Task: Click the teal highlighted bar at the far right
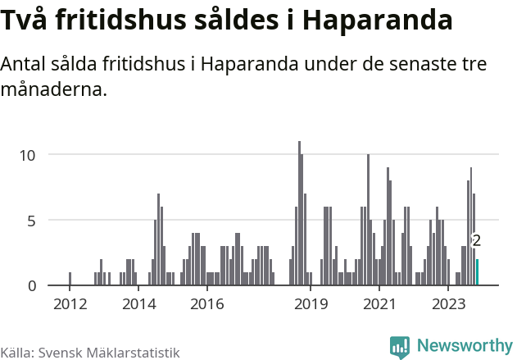coord(477,272)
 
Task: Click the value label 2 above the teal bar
coord(476,241)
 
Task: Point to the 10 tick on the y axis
coord(28,155)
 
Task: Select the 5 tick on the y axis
coord(32,221)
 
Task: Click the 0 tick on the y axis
coord(32,286)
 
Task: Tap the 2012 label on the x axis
coord(70,305)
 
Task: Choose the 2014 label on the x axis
coord(138,305)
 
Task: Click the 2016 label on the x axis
coord(207,305)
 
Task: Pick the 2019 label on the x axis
coord(311,305)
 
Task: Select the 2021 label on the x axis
coord(379,305)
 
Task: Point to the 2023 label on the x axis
coord(448,305)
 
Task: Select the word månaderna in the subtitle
coord(54,89)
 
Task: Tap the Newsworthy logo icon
coord(400,347)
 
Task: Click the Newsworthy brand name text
coord(464,346)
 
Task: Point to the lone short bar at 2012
coord(70,279)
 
